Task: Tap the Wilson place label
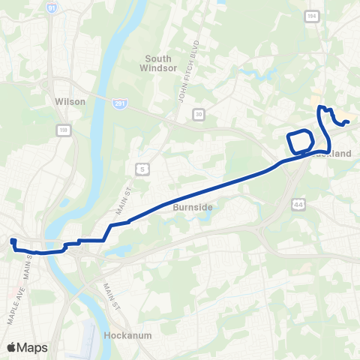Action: pyautogui.click(x=70, y=100)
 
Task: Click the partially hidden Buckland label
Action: pyautogui.click(x=338, y=154)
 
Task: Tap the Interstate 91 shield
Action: pyautogui.click(x=52, y=7)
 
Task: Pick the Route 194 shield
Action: pyautogui.click(x=311, y=16)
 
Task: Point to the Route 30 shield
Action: pyautogui.click(x=199, y=113)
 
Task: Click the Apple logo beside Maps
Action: pyautogui.click(x=12, y=347)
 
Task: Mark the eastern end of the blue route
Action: pyautogui.click(x=349, y=121)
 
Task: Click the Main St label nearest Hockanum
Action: pyautogui.click(x=110, y=295)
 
